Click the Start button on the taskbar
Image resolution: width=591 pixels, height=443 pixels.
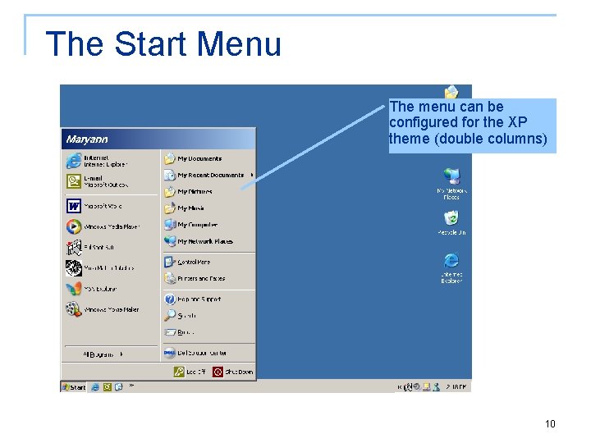click(x=74, y=386)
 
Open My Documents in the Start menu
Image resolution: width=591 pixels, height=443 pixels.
click(x=199, y=158)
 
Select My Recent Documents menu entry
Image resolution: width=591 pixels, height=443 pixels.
click(x=210, y=175)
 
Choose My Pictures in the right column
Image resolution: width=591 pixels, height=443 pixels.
click(x=195, y=191)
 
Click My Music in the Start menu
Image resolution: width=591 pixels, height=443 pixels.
click(x=190, y=208)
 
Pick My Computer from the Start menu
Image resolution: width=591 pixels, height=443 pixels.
click(x=197, y=225)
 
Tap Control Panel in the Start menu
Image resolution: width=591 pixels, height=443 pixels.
click(x=194, y=262)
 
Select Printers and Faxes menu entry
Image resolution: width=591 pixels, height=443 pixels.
click(x=200, y=279)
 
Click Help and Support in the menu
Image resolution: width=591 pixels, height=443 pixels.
click(x=199, y=299)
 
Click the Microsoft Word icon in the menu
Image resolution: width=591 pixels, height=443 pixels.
click(x=74, y=206)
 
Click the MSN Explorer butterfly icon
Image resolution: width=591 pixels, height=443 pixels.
click(x=74, y=289)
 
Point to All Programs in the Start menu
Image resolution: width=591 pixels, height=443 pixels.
click(x=103, y=354)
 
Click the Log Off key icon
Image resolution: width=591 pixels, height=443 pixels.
click(x=179, y=372)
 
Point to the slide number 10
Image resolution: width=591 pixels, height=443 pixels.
click(x=550, y=424)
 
